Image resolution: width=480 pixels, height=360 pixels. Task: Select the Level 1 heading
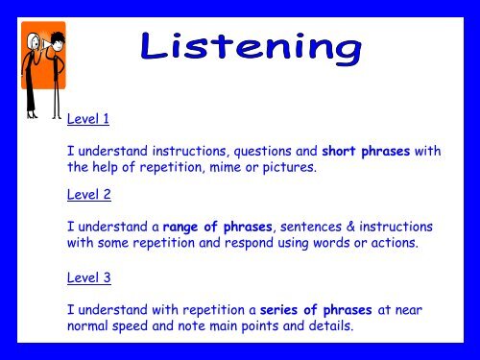coord(88,120)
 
